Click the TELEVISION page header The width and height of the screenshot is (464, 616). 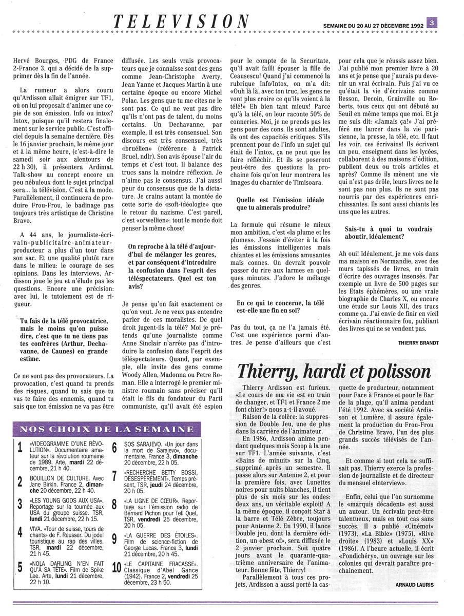point(181,21)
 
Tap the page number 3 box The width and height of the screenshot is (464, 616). point(433,22)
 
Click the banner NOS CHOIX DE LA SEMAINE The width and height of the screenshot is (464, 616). point(107,429)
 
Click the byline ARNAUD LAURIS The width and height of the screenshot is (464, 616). point(415,584)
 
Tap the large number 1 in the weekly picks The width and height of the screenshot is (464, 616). point(20,448)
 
